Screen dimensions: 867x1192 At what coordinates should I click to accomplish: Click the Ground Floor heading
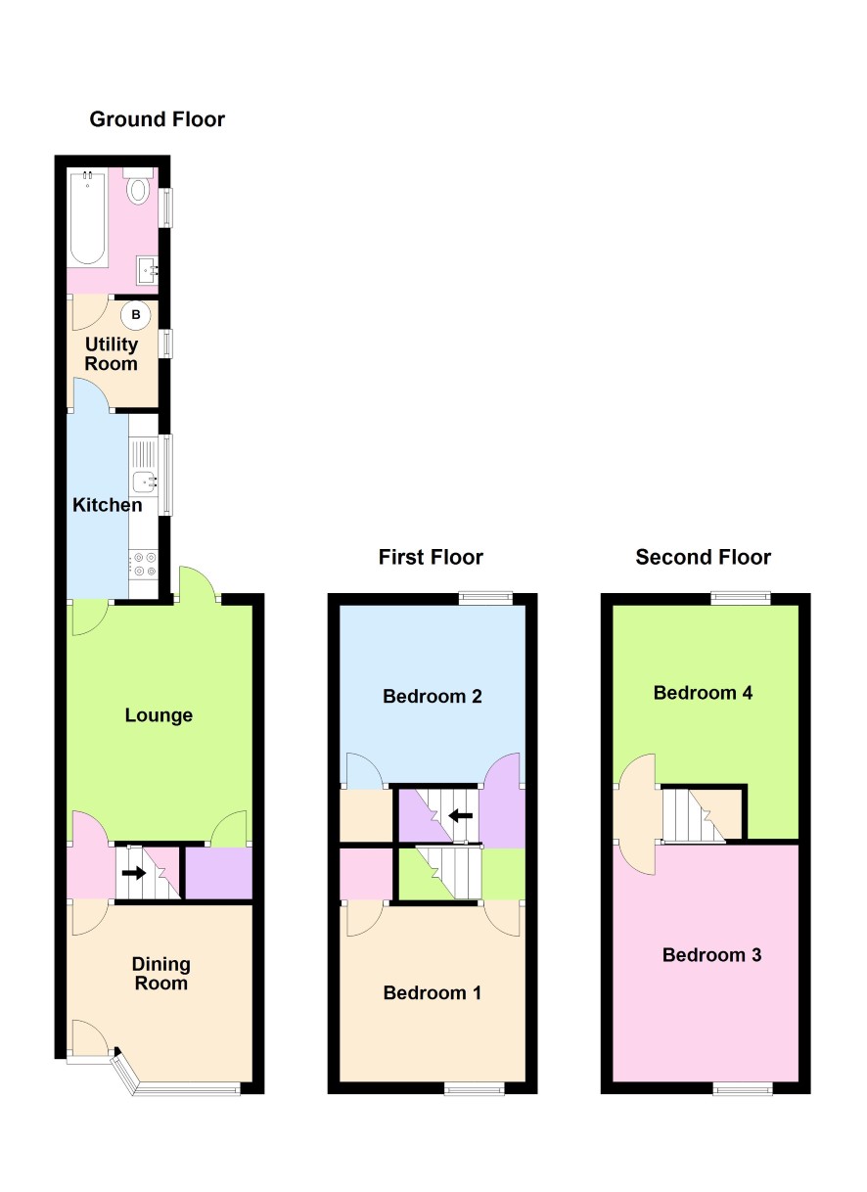(x=157, y=119)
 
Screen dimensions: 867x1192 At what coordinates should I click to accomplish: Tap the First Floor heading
(x=431, y=557)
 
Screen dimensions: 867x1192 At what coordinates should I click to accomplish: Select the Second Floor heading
(x=703, y=557)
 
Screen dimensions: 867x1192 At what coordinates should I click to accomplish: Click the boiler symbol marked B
(x=136, y=314)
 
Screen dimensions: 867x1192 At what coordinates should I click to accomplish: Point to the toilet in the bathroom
(x=139, y=186)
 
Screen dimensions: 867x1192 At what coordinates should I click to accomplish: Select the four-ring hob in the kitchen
(x=144, y=565)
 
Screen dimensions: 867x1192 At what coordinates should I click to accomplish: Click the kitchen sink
(x=145, y=481)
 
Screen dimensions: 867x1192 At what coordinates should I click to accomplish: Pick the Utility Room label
(x=112, y=354)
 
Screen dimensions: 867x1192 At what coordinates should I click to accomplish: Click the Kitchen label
(x=107, y=505)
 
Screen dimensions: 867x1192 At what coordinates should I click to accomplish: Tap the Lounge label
(x=159, y=715)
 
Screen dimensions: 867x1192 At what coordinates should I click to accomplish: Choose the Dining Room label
(x=160, y=974)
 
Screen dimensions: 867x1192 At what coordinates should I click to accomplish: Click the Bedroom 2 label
(x=433, y=696)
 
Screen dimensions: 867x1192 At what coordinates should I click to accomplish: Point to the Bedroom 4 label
(x=703, y=692)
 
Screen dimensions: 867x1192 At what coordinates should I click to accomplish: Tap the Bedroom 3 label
(x=711, y=954)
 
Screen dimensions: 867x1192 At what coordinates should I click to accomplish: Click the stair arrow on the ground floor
(x=134, y=873)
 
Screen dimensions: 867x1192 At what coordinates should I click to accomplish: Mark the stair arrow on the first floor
(x=460, y=815)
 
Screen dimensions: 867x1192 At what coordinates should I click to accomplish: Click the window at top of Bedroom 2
(x=485, y=598)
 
